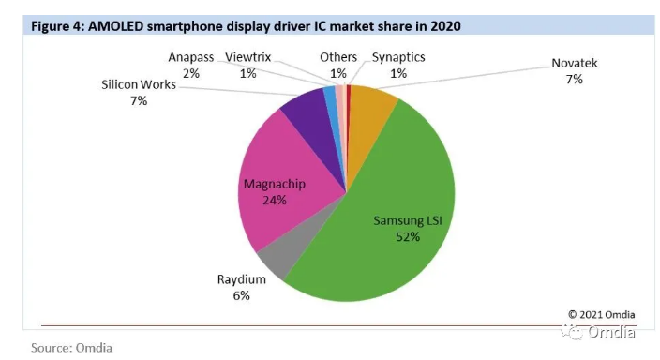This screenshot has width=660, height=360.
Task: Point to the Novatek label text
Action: (574, 64)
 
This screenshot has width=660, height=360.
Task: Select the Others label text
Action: (337, 57)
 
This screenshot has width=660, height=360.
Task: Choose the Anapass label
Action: (191, 57)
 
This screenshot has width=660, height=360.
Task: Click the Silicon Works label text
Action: (139, 84)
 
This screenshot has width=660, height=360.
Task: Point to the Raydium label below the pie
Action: (242, 279)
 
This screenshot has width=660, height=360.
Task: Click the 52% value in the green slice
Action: (407, 237)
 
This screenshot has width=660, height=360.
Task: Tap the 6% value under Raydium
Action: (242, 295)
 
